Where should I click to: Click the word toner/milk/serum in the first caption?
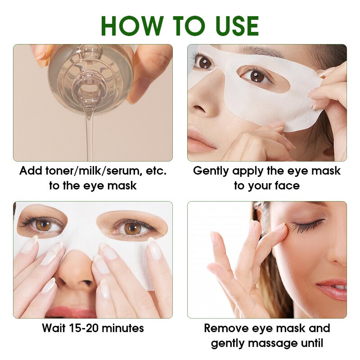[x=90, y=171]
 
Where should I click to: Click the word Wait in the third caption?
[x=54, y=328]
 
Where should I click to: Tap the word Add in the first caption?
[x=31, y=171]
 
